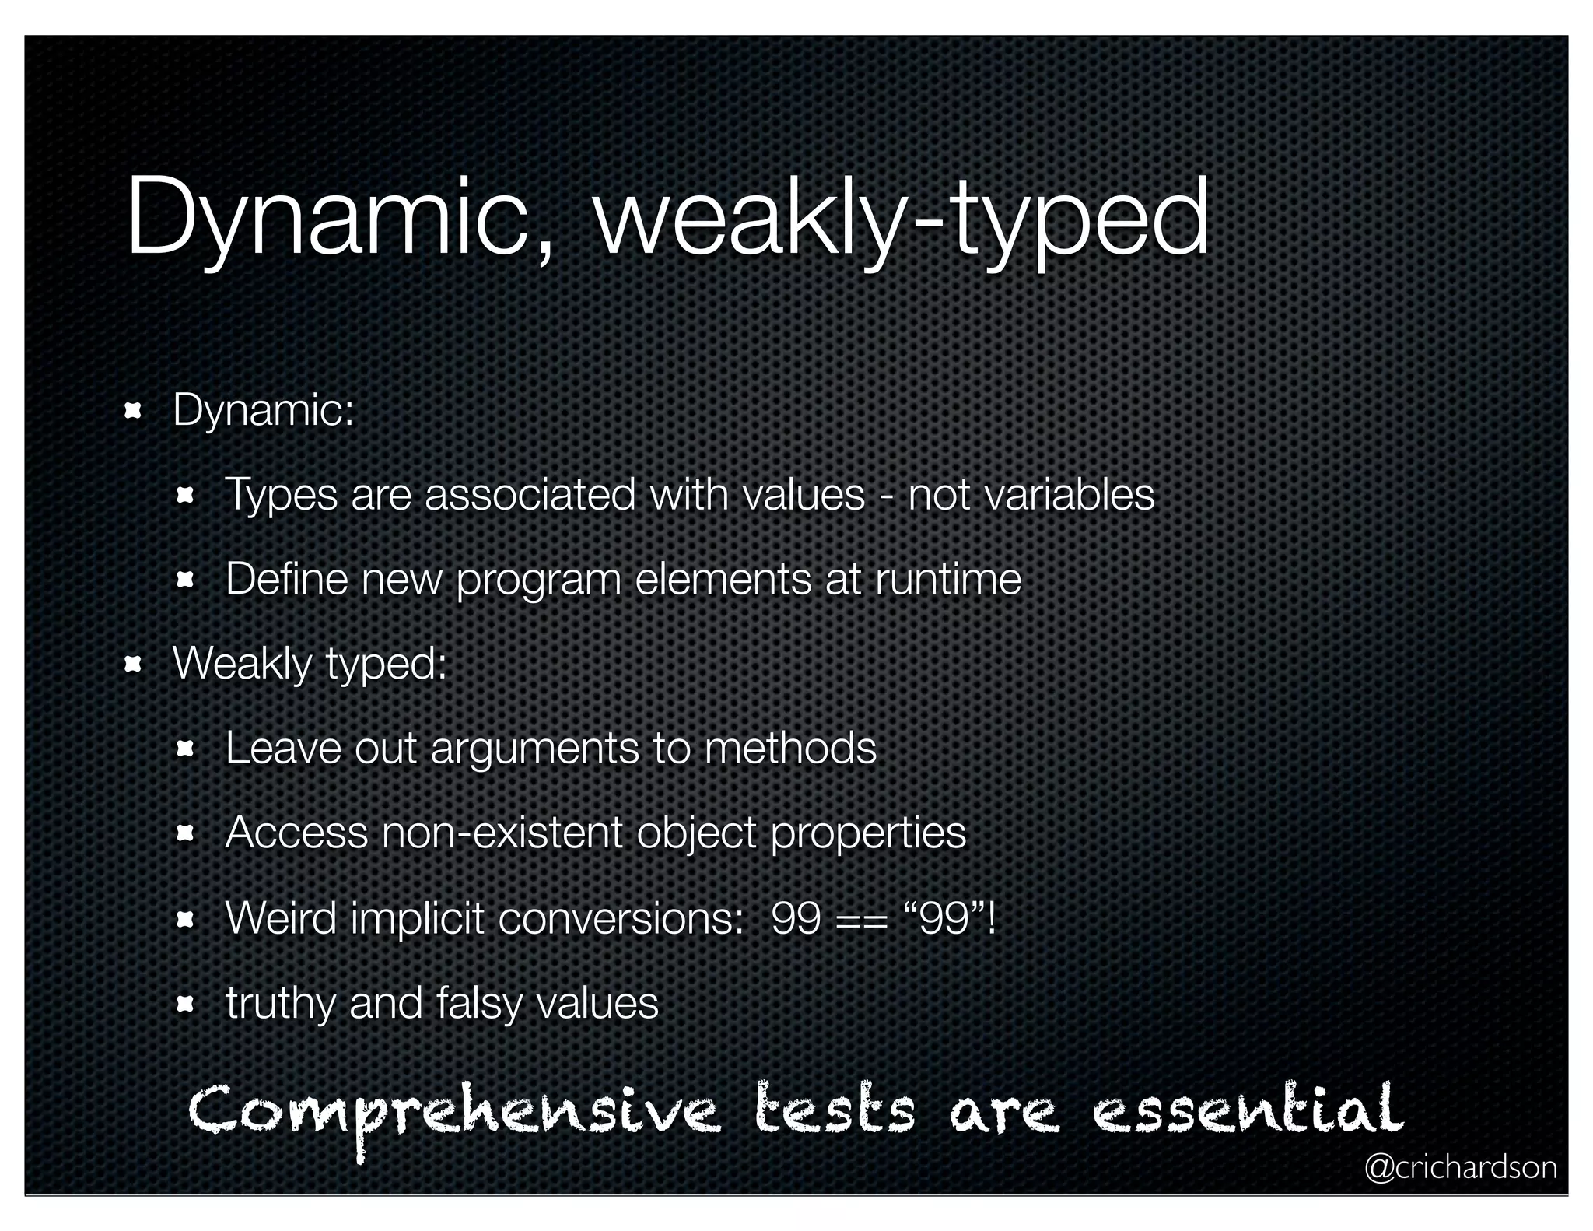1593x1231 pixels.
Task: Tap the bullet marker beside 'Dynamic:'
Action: click(133, 410)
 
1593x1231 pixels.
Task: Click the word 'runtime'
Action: click(948, 580)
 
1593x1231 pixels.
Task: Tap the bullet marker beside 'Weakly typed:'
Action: click(133, 664)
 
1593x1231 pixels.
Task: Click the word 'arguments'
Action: click(534, 749)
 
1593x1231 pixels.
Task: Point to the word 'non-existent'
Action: click(502, 833)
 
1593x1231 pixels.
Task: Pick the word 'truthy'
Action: click(281, 1004)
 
